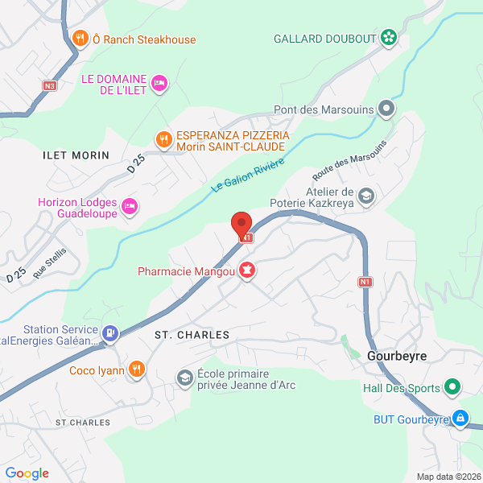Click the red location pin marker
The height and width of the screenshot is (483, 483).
point(241,224)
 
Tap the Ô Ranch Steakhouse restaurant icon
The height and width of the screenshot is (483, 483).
point(80,38)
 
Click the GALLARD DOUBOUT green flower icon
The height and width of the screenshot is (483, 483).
point(389,37)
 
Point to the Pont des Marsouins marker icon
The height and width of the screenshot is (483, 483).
point(387,107)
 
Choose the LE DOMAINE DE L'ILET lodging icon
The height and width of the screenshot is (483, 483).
point(159,82)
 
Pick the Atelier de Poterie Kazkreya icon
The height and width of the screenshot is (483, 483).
point(366,196)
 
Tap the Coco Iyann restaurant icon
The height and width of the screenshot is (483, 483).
point(138,369)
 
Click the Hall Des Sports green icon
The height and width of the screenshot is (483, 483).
point(452,387)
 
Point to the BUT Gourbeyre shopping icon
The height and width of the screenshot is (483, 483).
point(460,419)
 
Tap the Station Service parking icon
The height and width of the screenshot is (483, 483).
point(110,332)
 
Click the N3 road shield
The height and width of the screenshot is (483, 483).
point(50,85)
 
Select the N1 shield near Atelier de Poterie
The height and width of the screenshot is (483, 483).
point(366,282)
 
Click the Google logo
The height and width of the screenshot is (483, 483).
point(27,473)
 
